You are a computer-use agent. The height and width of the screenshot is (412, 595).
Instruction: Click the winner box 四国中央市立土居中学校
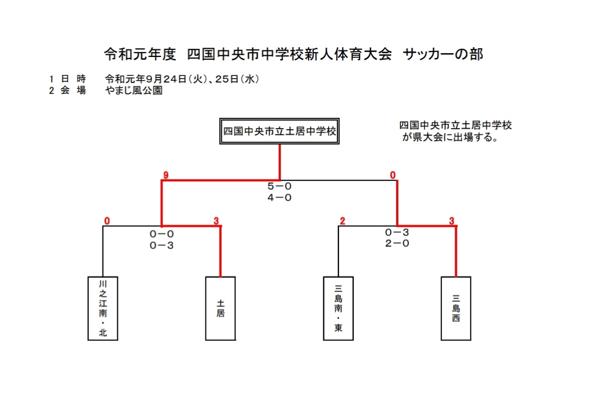[279, 131]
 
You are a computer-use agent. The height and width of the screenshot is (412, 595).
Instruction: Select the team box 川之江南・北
[103, 308]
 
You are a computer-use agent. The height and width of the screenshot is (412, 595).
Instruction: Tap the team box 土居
[221, 308]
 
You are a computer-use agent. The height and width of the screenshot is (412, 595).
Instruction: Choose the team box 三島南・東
[338, 308]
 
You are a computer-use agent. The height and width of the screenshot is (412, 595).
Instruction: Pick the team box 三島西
[456, 308]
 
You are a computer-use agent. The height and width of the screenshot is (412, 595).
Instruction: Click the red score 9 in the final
[165, 175]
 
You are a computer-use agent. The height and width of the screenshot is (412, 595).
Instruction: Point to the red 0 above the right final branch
[393, 175]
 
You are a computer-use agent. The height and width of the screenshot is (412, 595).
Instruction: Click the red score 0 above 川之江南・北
[107, 221]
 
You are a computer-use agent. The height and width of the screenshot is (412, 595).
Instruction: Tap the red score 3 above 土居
[216, 221]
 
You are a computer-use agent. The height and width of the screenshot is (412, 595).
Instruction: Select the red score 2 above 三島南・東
[342, 221]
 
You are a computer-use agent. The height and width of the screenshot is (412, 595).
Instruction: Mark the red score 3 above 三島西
[452, 221]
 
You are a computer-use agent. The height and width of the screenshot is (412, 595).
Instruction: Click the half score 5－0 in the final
[279, 186]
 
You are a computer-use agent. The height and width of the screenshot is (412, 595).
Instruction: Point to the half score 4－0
[279, 198]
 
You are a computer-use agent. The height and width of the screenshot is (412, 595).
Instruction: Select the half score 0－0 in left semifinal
[161, 234]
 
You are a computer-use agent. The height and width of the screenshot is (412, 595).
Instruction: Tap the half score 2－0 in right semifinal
[397, 243]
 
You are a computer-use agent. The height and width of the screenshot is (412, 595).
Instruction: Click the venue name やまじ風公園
[134, 91]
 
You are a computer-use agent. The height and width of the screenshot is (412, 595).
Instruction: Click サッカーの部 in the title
[443, 54]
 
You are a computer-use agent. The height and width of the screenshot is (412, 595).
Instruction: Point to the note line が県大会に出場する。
[450, 137]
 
